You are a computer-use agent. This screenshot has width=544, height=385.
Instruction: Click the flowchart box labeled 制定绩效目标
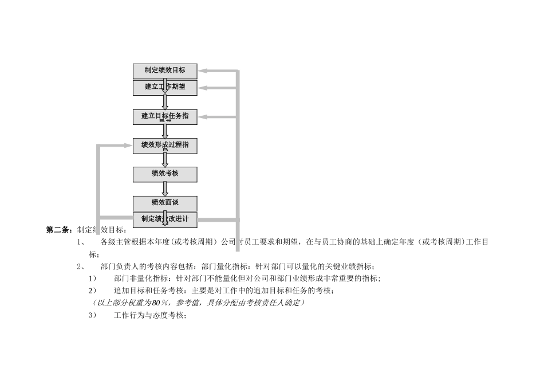point(165,71)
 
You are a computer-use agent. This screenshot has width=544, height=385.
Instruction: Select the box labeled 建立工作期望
point(165,88)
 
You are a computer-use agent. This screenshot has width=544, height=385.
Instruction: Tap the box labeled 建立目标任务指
point(165,116)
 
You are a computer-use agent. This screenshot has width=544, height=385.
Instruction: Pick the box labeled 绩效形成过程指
point(165,146)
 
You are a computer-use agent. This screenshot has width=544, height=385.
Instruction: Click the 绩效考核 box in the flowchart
point(165,174)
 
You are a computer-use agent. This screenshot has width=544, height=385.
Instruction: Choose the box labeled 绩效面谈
point(165,203)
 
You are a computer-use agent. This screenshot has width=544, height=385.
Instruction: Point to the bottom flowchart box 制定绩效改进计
point(165,219)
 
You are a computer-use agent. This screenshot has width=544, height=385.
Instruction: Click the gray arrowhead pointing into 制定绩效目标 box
point(203,71)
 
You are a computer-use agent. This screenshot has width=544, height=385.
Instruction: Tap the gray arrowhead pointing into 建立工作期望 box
point(203,88)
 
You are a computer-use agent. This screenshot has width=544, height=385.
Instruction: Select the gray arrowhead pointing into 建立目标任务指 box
point(203,116)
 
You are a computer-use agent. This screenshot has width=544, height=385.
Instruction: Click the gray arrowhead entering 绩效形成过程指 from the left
point(128,146)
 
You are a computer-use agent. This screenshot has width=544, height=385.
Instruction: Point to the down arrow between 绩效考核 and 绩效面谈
point(165,189)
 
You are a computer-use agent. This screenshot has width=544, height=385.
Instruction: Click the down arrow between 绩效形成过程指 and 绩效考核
point(165,160)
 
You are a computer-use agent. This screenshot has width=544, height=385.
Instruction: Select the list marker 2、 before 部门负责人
point(81,266)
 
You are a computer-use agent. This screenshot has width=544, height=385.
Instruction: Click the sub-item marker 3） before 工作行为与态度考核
point(92,315)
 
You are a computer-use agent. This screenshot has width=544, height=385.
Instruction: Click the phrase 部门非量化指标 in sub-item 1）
point(140,278)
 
